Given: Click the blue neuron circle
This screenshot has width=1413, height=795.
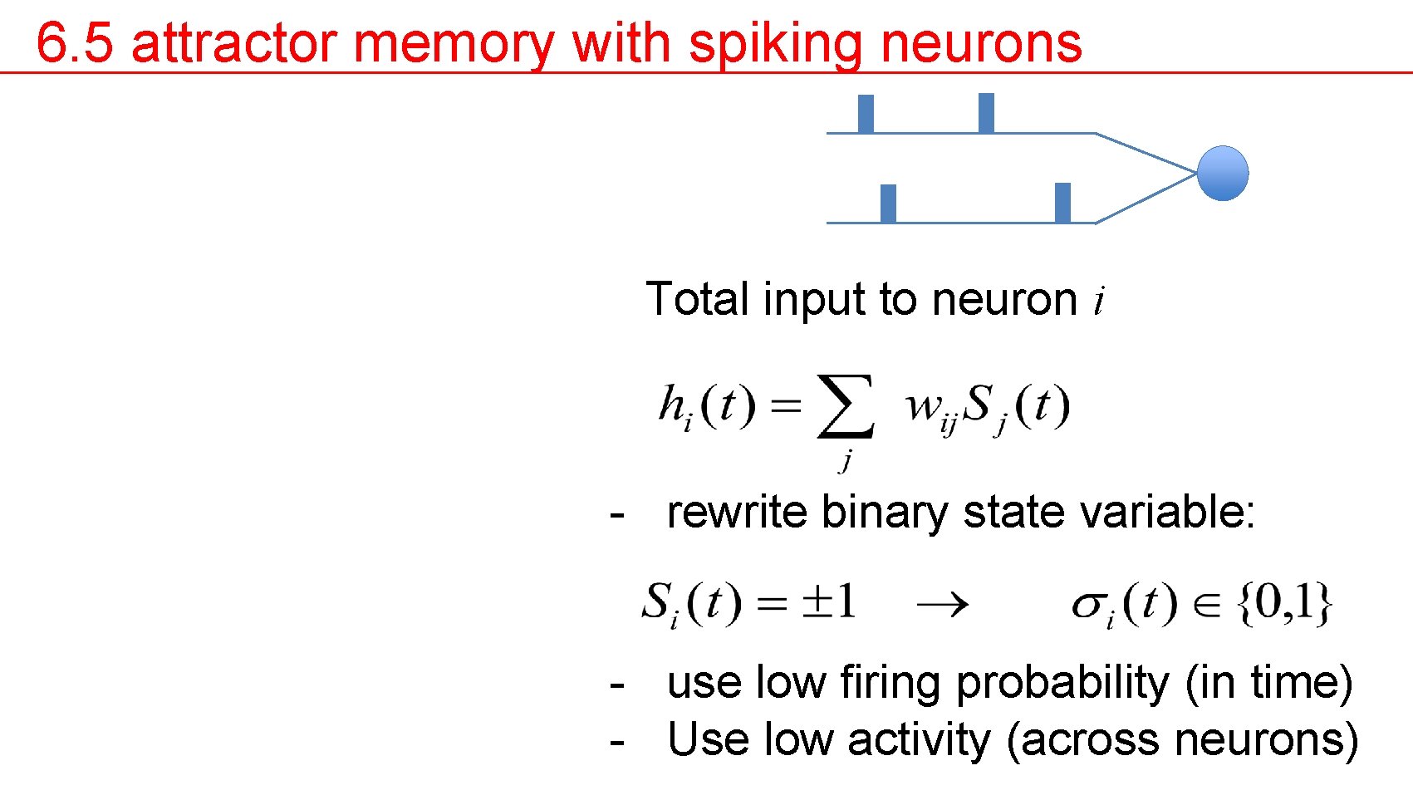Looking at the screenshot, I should pos(1222,173).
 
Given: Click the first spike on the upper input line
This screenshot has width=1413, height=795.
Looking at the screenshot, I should pos(866,114).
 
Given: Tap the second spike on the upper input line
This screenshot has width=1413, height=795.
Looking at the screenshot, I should pos(986,113).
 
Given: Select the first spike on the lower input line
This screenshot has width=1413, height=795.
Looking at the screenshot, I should pos(888,204).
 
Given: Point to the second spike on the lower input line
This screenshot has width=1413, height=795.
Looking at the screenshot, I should pos(1062,203).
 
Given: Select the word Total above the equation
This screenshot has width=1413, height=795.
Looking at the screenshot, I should pos(697,299).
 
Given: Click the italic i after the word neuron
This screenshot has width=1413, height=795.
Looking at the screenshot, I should pos(1099,301).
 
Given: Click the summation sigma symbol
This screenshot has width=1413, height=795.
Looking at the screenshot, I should pos(845,406).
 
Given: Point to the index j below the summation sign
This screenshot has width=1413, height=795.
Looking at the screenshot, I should pos(846,459).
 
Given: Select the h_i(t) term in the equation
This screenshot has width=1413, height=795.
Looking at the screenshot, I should pos(706,407).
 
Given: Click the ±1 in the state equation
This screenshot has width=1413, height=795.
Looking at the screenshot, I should pos(828,601).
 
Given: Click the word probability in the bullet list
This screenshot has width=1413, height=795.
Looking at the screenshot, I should pos(1062,684).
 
